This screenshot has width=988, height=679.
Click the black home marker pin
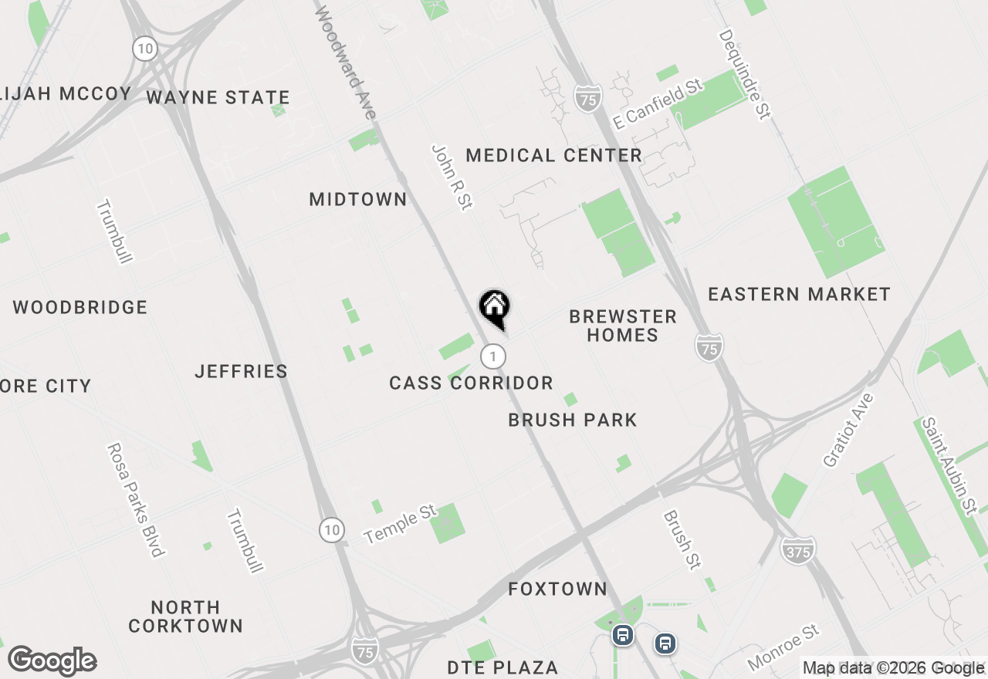click(x=494, y=308)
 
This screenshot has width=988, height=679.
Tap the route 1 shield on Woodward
click(x=492, y=356)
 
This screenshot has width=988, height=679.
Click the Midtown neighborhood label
click(x=358, y=199)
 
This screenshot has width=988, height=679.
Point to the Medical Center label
click(x=553, y=155)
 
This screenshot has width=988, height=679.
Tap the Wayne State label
click(x=218, y=97)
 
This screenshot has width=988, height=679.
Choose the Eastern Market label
click(x=799, y=294)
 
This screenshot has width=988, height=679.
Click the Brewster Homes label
click(x=622, y=326)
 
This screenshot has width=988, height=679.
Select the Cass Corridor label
click(x=471, y=383)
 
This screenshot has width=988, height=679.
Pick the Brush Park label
click(x=573, y=420)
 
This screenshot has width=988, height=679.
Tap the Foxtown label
click(x=557, y=589)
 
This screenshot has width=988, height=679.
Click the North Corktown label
click(x=185, y=617)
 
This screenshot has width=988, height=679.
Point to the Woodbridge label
click(x=80, y=307)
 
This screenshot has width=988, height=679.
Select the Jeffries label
click(x=241, y=371)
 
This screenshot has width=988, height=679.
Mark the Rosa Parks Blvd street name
click(x=136, y=499)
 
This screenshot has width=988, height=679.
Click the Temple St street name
click(x=400, y=524)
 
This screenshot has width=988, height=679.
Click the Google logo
click(x=52, y=661)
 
